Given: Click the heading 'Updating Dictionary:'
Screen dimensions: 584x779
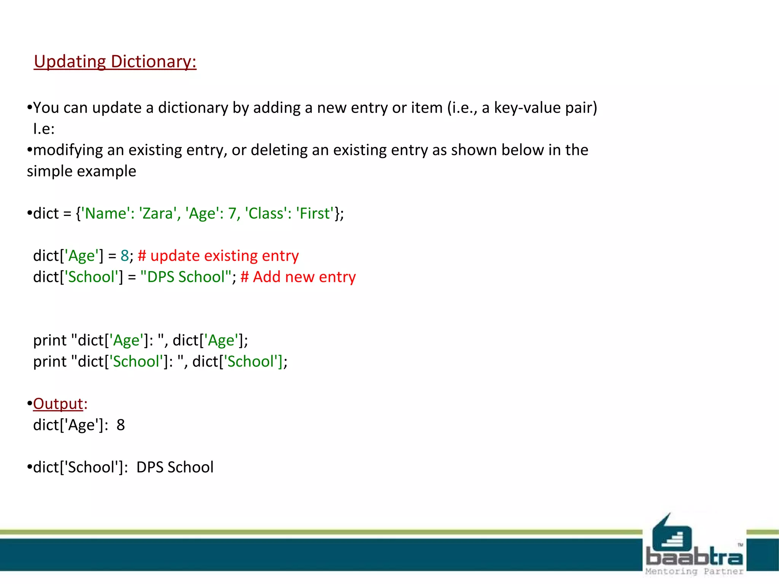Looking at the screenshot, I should coord(115,62).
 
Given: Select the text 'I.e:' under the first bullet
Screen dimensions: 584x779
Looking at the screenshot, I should coord(44,129).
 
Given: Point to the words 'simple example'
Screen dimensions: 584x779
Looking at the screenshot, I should coord(81,171).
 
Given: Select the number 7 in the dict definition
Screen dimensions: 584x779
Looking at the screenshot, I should coord(232,214).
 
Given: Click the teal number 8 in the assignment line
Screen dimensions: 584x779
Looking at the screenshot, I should coord(125,256).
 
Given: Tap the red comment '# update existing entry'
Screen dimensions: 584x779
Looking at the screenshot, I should coord(218,256).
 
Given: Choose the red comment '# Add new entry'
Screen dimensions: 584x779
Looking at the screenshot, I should coord(298,277).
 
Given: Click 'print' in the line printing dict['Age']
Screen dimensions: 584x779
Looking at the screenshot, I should coord(50,341).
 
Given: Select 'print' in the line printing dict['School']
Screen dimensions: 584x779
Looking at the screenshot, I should coord(50,362).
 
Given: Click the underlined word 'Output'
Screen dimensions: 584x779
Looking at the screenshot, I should coord(58,404).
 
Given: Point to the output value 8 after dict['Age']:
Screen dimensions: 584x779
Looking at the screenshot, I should coord(121,425).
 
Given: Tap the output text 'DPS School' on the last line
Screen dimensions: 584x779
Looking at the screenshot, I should coord(175,467).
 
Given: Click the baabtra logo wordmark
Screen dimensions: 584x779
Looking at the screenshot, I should coord(695,557).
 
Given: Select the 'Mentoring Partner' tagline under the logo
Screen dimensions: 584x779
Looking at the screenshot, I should coord(694,571).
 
